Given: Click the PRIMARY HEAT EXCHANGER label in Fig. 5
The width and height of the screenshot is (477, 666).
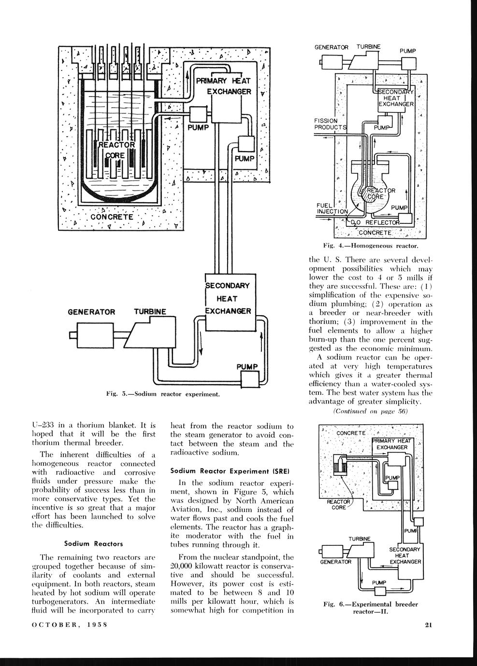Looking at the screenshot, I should [224, 86].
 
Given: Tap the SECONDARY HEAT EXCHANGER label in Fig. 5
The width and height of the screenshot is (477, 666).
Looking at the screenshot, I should [228, 299].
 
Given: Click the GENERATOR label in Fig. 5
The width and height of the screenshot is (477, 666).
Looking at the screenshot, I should [91, 312].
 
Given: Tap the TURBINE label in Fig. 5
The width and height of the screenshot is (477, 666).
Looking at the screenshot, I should [150, 312].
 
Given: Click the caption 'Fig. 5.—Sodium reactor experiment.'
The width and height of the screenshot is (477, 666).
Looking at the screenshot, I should [163, 394].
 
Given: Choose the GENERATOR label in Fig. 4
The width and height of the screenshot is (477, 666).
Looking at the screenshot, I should [332, 47].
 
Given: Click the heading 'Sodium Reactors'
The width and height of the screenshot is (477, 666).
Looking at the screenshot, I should [92, 543].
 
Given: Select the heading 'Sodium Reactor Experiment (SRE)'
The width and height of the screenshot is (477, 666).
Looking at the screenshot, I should [232, 471].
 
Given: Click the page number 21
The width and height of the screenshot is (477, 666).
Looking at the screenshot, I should [428, 625].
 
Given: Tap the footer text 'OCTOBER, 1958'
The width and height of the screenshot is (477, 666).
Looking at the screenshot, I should [69, 625].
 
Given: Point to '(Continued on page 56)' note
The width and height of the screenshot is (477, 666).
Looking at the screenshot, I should [371, 411].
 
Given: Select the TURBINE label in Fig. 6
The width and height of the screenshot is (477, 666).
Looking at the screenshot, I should [360, 539].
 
